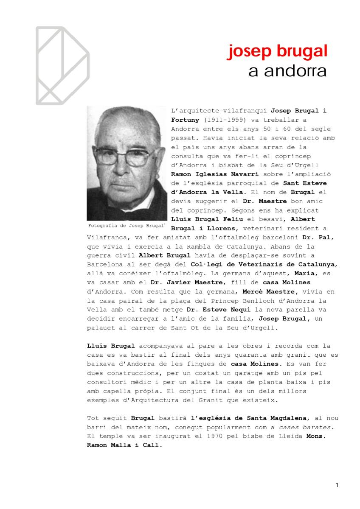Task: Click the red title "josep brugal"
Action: [x=278, y=52]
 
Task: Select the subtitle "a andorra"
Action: [x=287, y=71]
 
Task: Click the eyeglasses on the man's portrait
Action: [x=125, y=155]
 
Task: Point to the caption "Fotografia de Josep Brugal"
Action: [x=126, y=225]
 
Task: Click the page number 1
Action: [x=337, y=485]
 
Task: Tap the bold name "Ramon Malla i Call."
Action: [x=124, y=445]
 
